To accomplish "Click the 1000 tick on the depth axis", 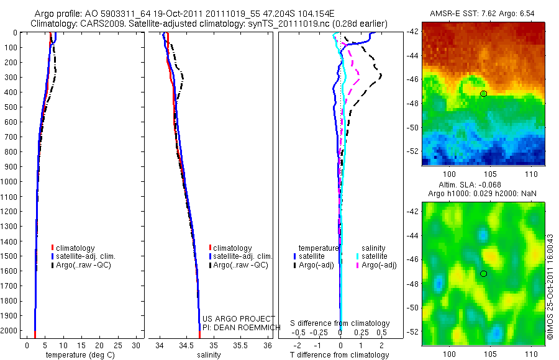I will tap(9, 181).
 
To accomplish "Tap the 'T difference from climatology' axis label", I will tap(340, 355).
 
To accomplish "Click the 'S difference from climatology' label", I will tap(340, 323).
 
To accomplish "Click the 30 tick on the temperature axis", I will tap(137, 344).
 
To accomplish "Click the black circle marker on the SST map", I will tap(483, 94).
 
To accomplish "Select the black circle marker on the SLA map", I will tap(483, 274).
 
